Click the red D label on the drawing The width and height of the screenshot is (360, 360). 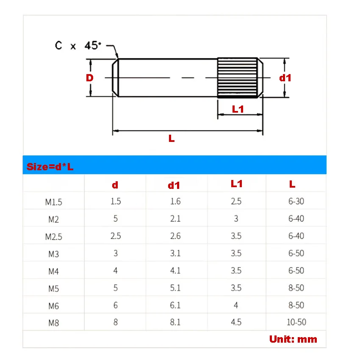tap(89, 78)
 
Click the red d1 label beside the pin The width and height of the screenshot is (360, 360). tap(285, 78)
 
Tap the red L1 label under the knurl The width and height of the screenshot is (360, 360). tap(238, 109)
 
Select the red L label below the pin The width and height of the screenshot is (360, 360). tap(172, 138)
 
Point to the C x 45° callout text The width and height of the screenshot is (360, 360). tap(78, 45)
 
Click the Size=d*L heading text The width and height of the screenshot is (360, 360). tap(50, 166)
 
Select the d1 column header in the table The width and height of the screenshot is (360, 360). tap(174, 185)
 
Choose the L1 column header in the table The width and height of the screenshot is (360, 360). tap(237, 184)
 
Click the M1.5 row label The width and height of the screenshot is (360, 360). tap(53, 202)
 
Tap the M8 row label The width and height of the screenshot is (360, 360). tap(53, 323)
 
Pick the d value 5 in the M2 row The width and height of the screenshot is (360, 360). tap(116, 219)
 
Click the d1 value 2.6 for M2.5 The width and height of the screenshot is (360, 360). tap(175, 236)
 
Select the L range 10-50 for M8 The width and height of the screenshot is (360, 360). tap(296, 322)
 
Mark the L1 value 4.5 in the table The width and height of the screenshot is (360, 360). tap(236, 322)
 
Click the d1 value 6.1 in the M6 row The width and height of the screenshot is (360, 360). tap(175, 305)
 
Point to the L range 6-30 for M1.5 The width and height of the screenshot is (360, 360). tap(296, 201)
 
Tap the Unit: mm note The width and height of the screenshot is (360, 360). tap(293, 339)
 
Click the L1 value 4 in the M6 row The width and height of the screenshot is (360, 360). tap(236, 305)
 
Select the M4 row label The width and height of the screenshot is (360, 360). tap(53, 271)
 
